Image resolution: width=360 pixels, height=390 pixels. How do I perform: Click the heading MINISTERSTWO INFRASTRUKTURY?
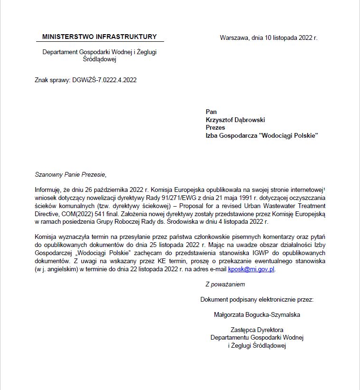tap(99, 37)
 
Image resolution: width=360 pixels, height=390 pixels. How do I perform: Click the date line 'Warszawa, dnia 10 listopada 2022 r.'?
tap(269, 38)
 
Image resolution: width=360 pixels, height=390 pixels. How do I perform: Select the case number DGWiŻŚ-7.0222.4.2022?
tap(105, 80)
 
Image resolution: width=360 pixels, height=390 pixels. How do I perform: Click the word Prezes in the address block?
tap(215, 127)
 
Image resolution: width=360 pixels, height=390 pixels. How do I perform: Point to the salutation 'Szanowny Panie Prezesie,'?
tap(68, 174)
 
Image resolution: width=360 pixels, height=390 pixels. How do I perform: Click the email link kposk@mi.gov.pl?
tap(251, 269)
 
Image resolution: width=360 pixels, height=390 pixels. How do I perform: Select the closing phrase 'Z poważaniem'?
tap(225, 285)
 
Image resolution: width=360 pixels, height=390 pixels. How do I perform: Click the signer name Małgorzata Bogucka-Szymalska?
tap(257, 314)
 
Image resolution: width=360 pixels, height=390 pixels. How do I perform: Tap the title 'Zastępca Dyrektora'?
tap(257, 330)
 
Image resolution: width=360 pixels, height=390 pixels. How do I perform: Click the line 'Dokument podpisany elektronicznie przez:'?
tap(257, 300)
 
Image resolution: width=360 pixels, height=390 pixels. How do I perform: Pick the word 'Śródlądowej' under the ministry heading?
tap(99, 59)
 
